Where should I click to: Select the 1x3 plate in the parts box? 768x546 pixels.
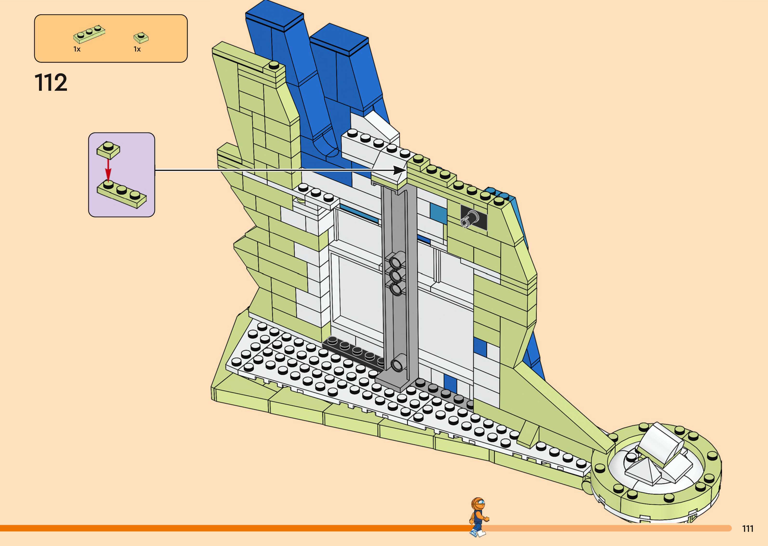tap(89, 34)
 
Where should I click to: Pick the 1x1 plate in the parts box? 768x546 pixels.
tap(141, 37)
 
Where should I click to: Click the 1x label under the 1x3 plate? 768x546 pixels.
tap(77, 49)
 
